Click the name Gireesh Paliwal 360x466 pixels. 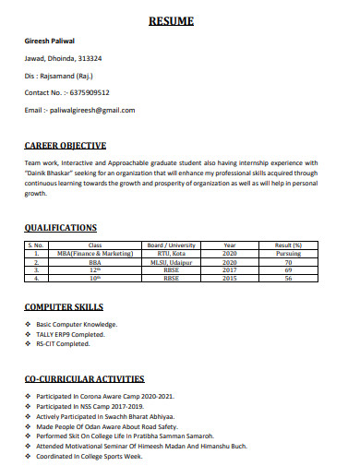50,42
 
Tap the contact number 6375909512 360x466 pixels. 87,93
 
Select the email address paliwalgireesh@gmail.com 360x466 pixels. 94,110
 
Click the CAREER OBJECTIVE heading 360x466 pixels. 66,145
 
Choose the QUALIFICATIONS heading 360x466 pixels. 61,227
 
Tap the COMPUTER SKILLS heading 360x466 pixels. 64,307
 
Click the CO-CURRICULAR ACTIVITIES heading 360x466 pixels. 84,378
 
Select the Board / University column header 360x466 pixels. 172,245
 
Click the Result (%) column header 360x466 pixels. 288,245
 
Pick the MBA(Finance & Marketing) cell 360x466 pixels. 94,253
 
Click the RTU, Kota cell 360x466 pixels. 171,253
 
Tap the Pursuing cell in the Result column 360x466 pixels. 288,253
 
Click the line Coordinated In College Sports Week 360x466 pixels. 90,456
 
